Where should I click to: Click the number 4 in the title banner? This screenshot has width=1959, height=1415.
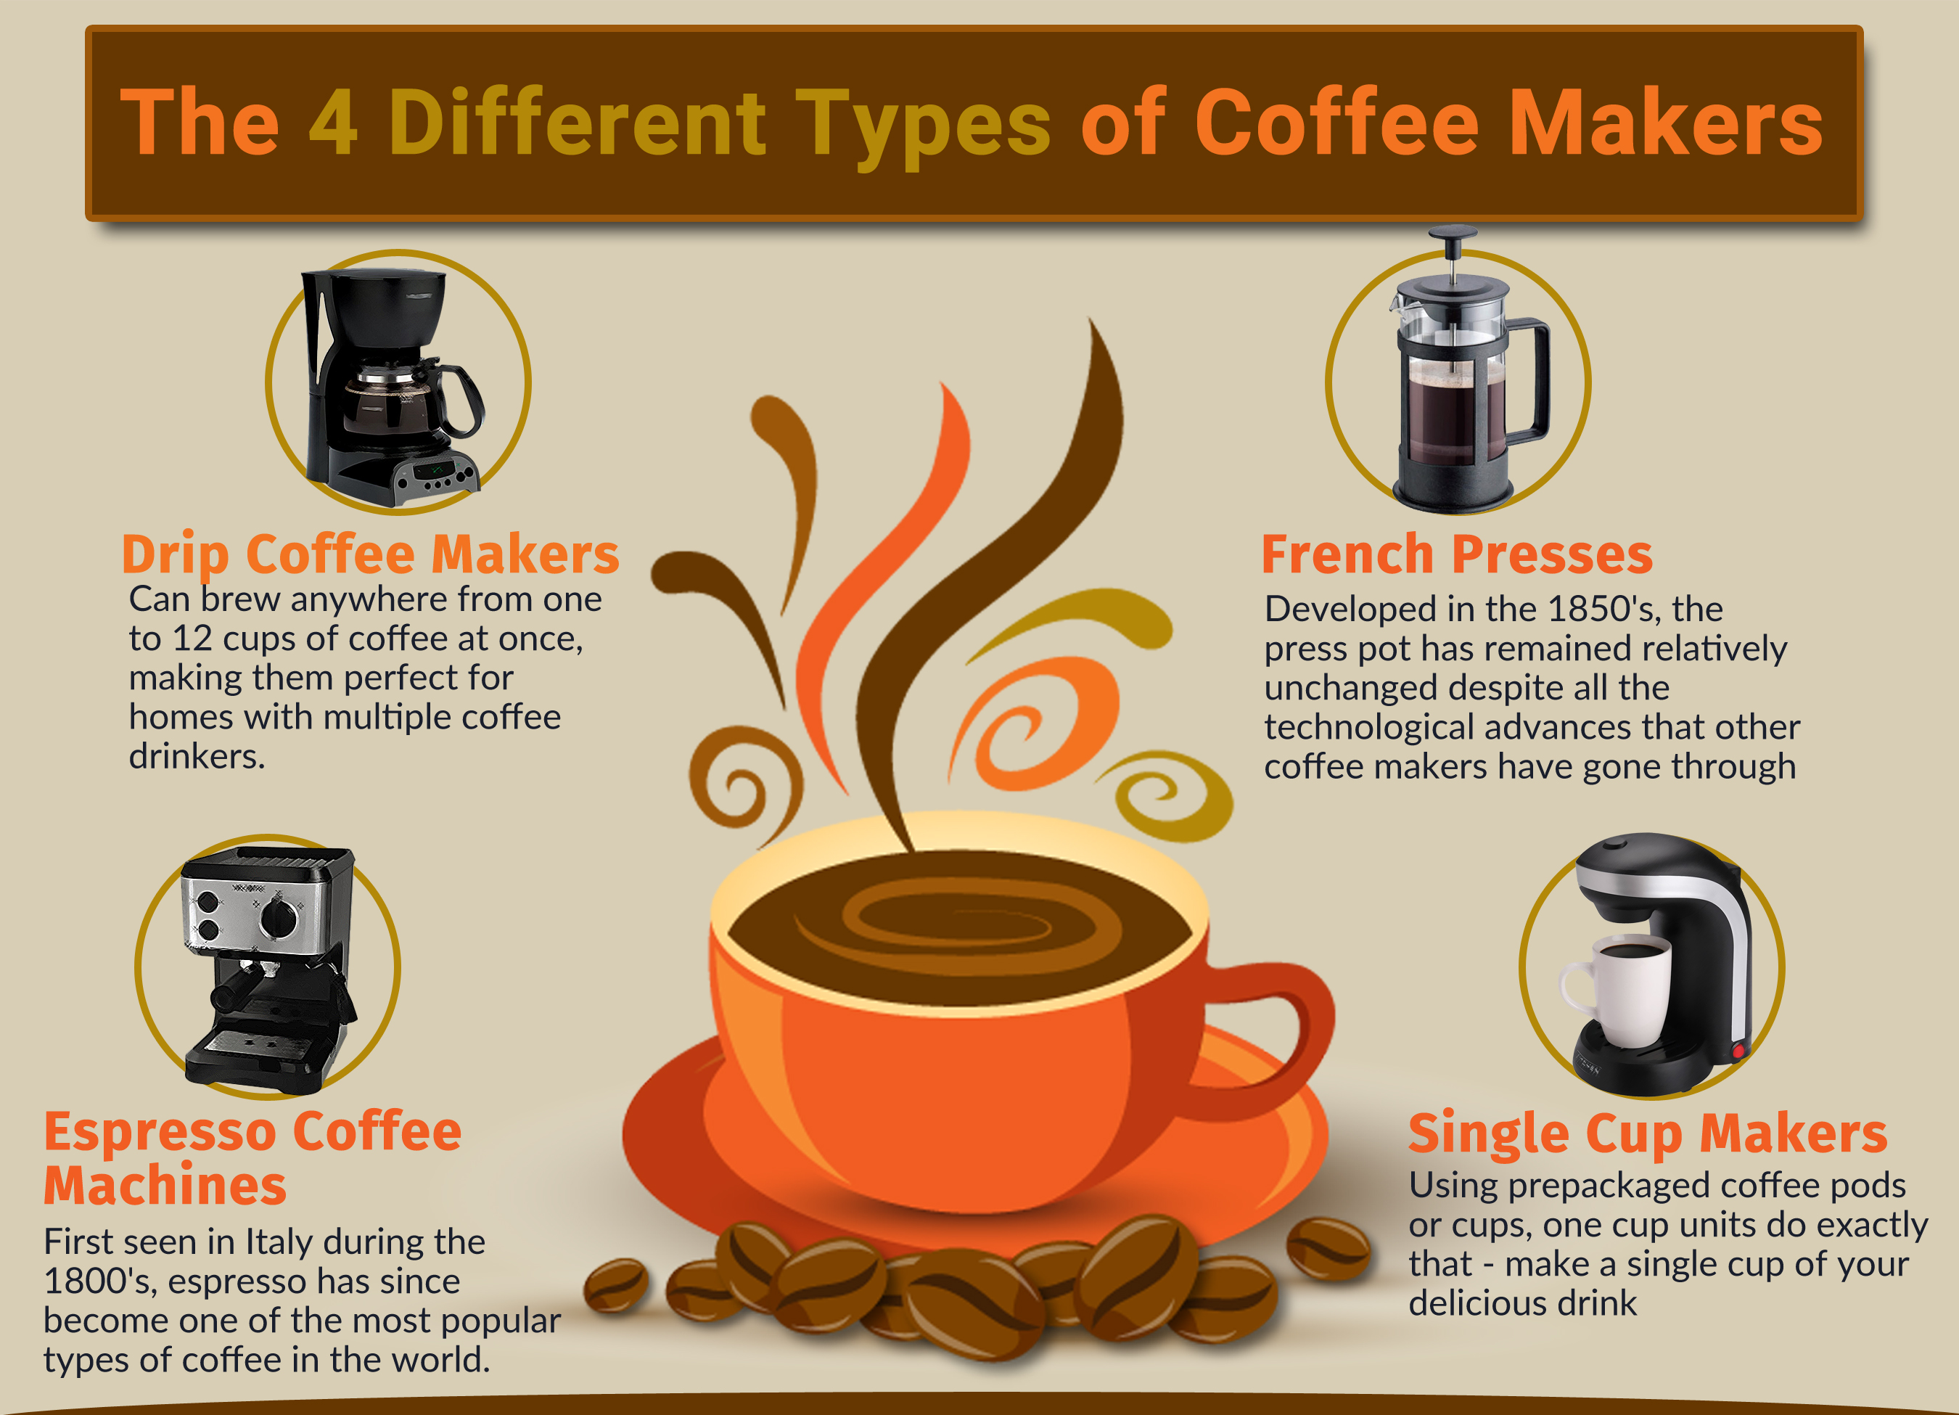332,123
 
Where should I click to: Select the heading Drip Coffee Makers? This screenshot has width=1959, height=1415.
371,554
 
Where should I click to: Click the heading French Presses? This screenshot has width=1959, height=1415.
1457,554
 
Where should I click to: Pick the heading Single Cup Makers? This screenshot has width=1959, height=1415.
1648,1133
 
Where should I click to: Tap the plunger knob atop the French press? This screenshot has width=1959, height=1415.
1452,233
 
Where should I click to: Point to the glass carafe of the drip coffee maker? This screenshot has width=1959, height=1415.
398,402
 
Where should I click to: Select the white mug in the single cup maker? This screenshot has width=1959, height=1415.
1614,993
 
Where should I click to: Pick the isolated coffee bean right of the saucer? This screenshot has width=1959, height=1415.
1328,1248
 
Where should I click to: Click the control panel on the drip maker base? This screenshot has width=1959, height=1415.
437,476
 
